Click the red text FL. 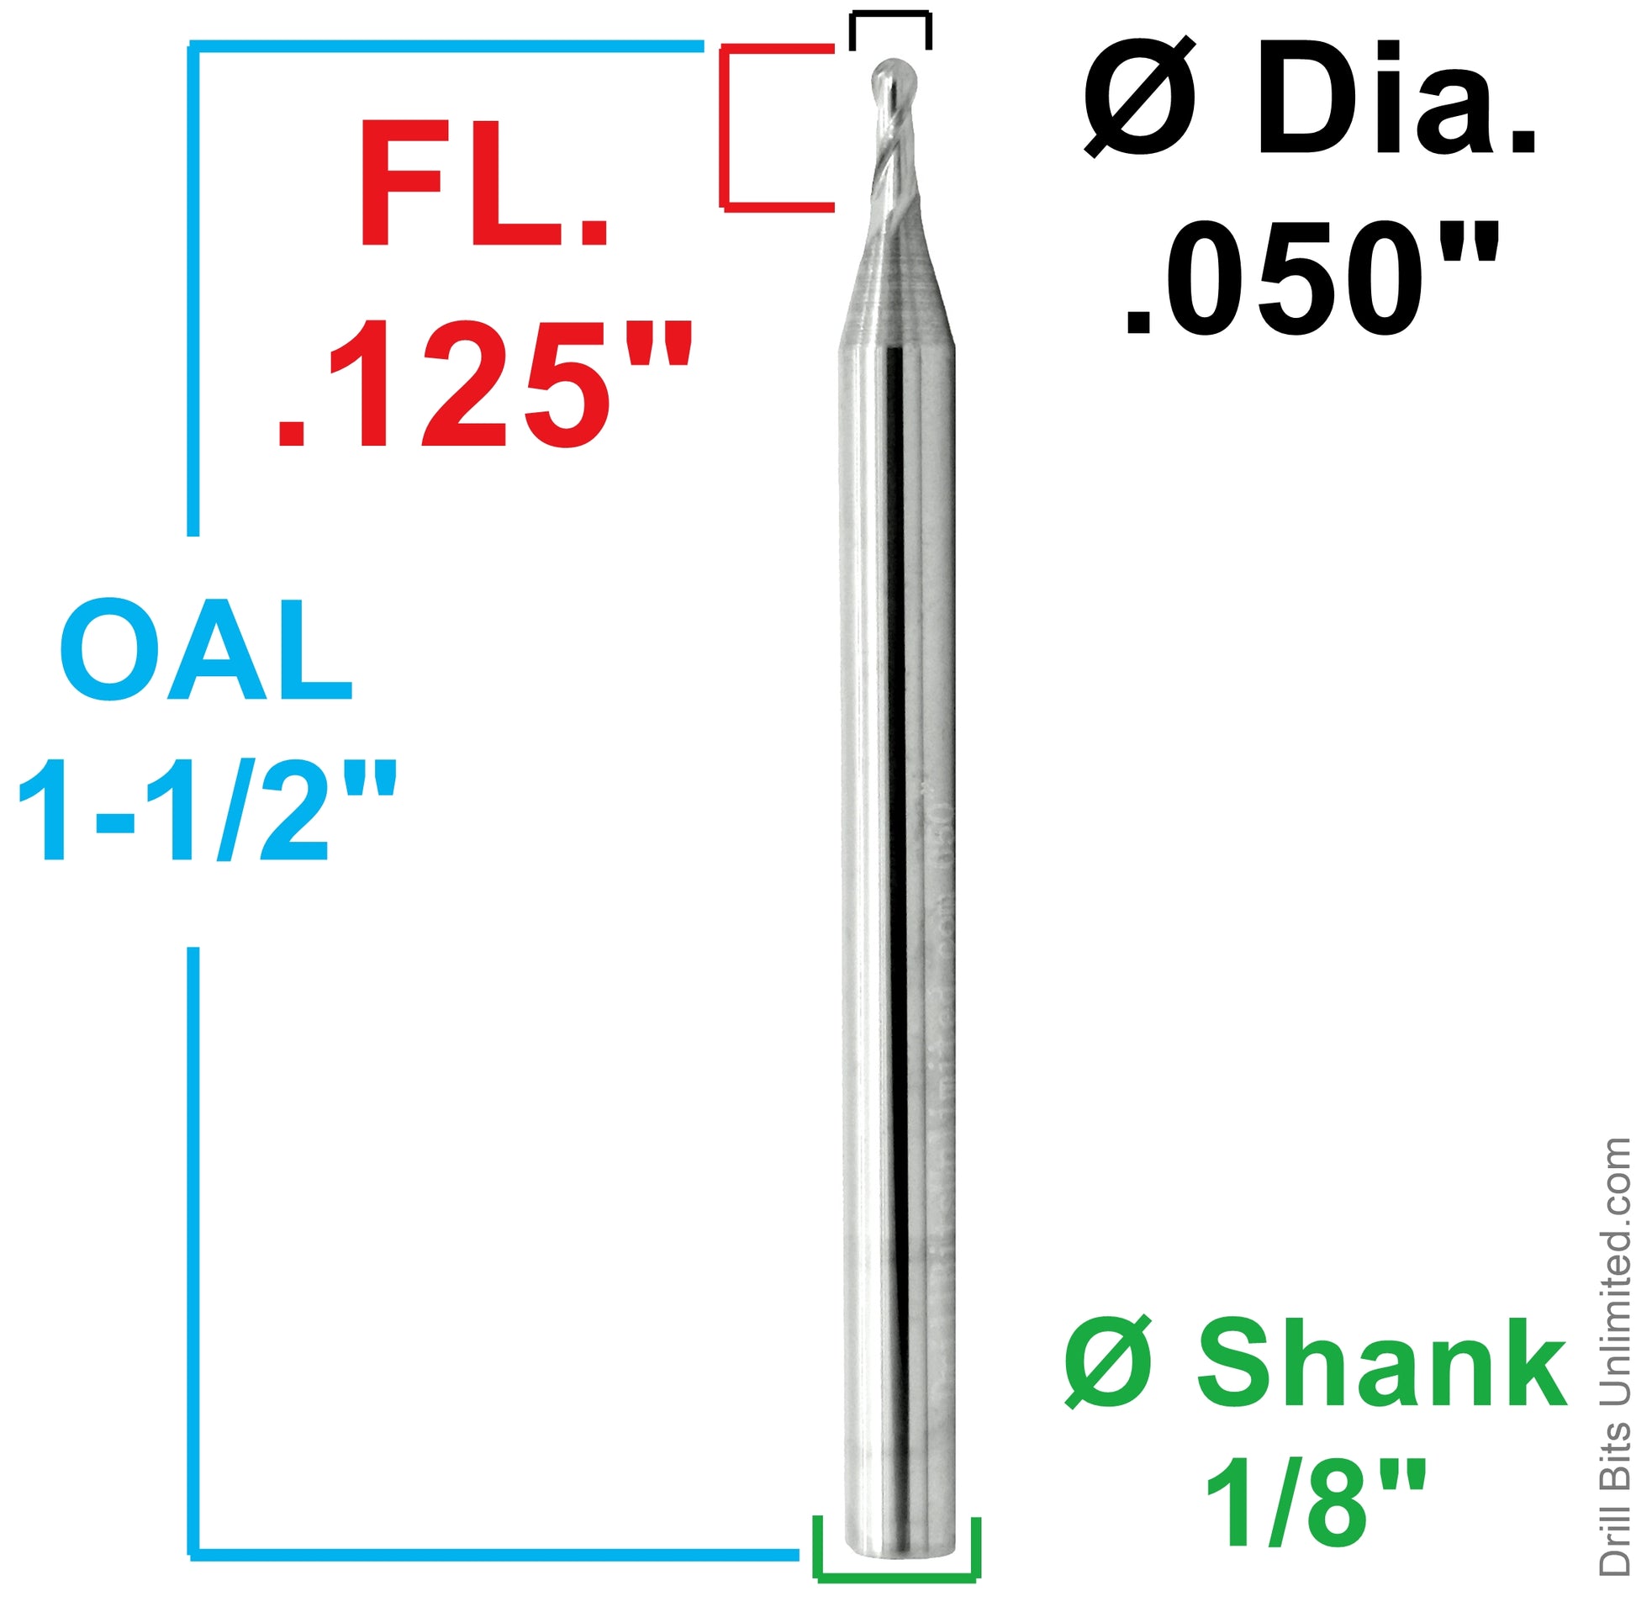483,184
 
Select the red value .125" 483,385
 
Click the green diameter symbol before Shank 1107,1364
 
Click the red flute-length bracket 724,127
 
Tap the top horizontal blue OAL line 447,45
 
